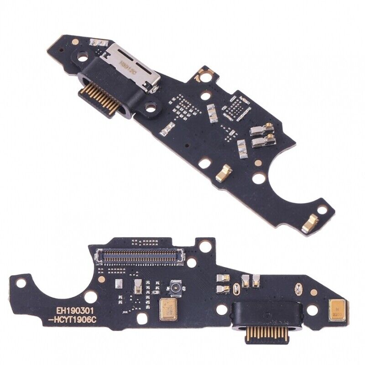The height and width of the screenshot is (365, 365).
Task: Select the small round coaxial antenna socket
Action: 173,287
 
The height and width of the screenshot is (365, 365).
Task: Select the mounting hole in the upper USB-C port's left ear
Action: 83,58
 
